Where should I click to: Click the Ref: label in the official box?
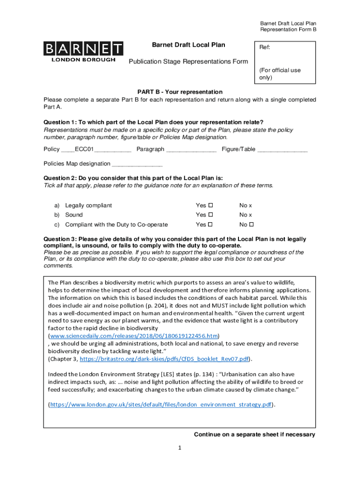[265, 48]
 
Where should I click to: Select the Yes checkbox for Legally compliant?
[210, 205]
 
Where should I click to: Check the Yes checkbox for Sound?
[210, 215]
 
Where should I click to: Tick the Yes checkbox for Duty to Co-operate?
[210, 225]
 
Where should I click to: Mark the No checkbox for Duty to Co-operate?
[250, 225]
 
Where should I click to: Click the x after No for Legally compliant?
[250, 205]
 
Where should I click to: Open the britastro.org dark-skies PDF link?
[166, 359]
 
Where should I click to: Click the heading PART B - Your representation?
[180, 92]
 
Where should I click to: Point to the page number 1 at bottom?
[180, 448]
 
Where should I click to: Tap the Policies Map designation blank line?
[137, 165]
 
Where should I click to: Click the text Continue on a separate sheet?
[254, 435]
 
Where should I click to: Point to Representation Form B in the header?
[288, 30]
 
